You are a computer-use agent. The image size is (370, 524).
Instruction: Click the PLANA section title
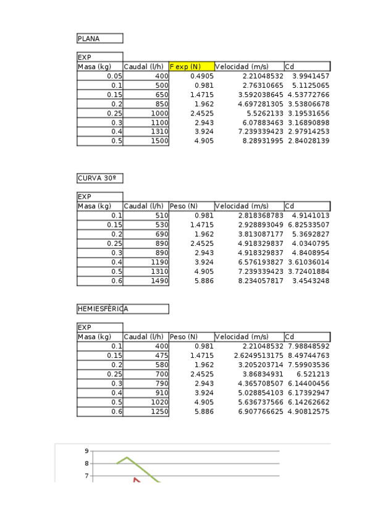(x=88, y=38)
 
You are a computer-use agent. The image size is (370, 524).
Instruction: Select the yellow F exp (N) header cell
(x=191, y=66)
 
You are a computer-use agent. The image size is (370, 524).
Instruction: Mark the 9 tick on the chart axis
(x=86, y=451)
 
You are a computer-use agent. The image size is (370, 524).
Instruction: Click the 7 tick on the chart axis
(x=86, y=476)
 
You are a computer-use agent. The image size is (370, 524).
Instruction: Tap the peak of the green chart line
(x=127, y=457)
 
